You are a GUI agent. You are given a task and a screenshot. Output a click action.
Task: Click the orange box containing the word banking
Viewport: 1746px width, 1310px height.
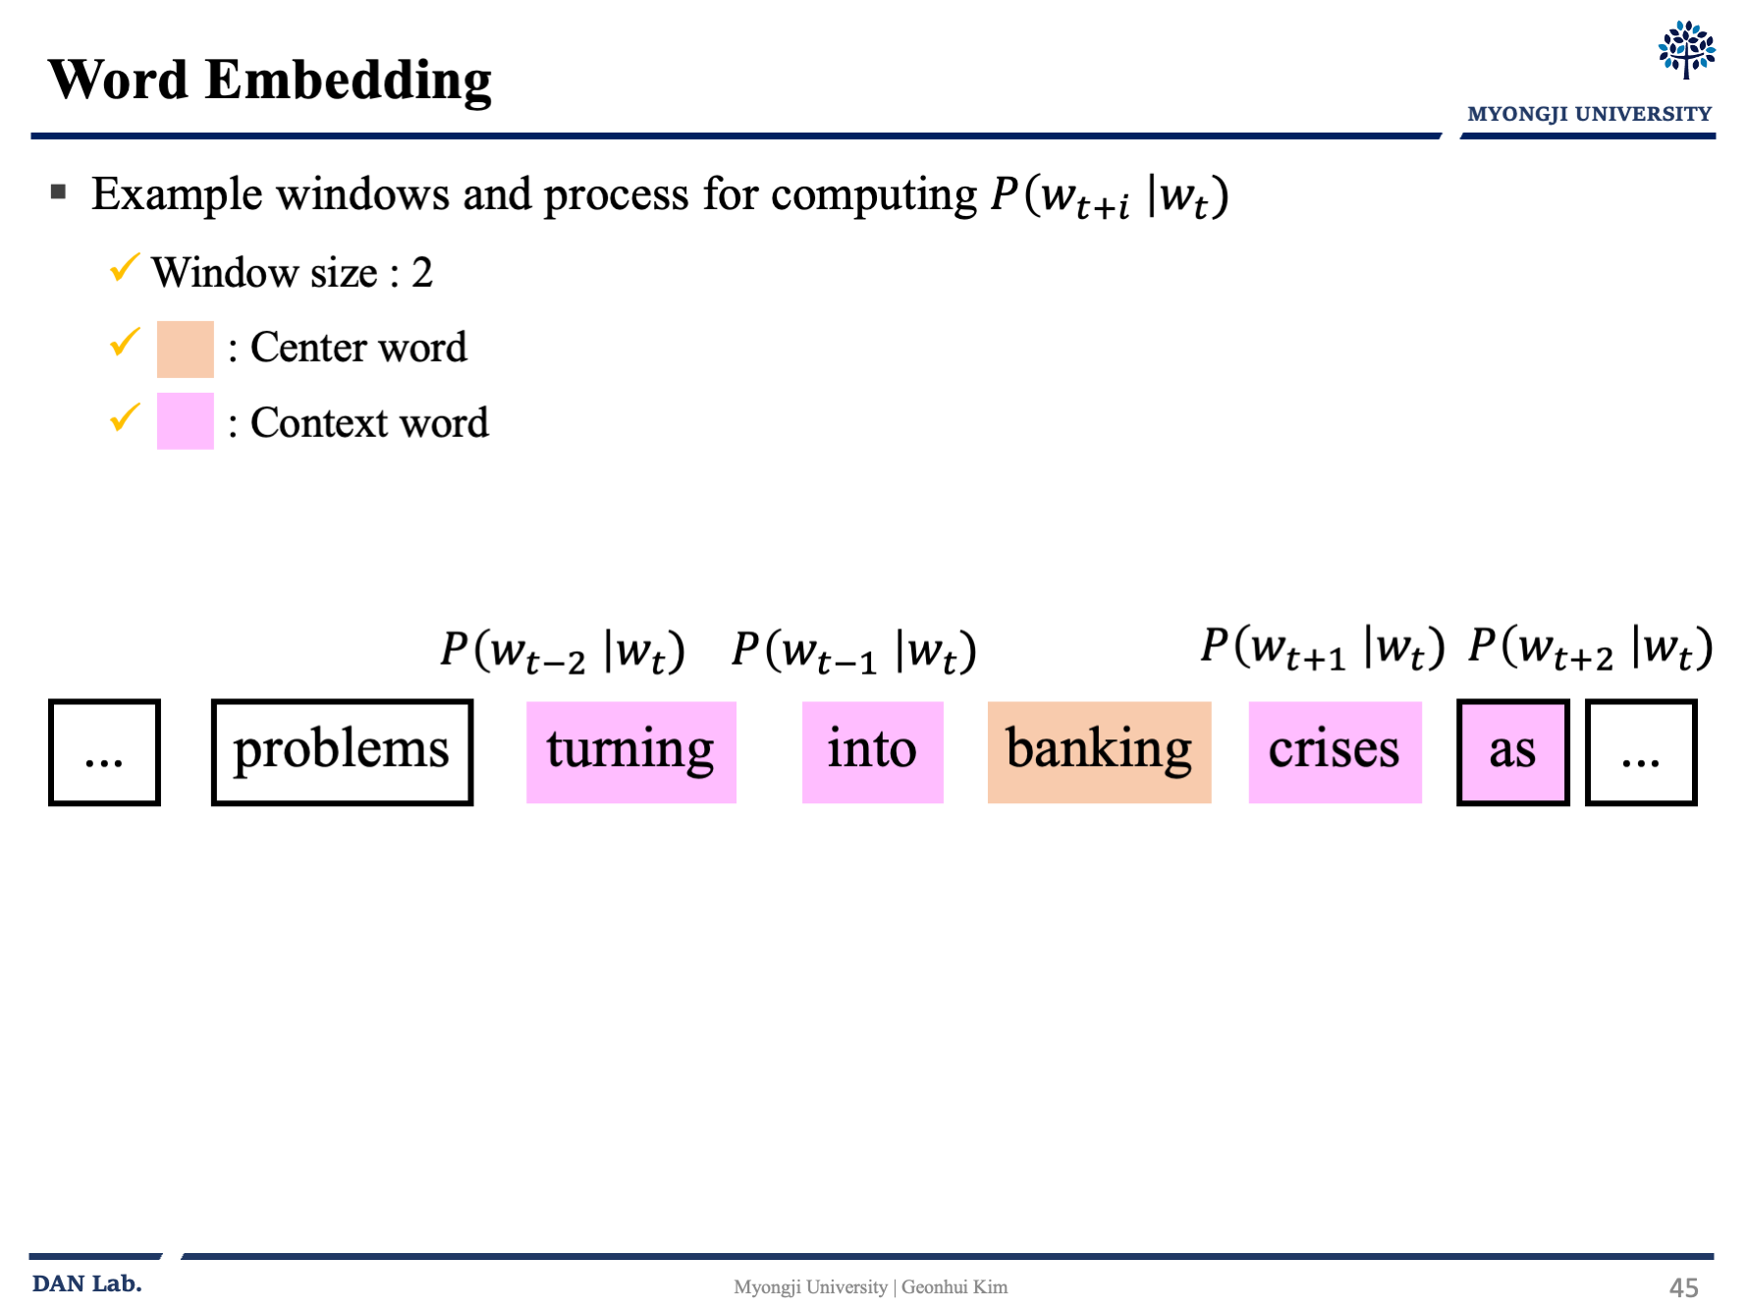[x=1099, y=752]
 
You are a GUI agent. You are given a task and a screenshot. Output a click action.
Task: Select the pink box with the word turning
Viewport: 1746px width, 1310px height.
[x=630, y=752]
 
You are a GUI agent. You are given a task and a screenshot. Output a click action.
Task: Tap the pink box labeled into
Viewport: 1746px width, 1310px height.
[x=872, y=752]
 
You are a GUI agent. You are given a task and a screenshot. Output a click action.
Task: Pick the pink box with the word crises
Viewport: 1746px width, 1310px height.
[x=1335, y=752]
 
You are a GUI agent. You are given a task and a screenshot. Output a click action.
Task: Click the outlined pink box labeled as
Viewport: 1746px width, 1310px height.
[x=1512, y=752]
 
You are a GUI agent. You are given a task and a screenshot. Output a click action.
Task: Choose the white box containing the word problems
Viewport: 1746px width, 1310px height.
[x=342, y=752]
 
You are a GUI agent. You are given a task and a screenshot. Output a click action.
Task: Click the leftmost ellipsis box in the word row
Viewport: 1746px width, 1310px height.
[x=104, y=752]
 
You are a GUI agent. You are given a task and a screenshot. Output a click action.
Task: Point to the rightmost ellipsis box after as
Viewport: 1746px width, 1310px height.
[x=1641, y=752]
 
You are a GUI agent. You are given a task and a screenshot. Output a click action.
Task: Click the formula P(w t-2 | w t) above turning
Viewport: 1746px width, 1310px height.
[x=562, y=651]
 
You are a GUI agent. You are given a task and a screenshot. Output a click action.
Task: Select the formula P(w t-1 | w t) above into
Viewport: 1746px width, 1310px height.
[x=853, y=651]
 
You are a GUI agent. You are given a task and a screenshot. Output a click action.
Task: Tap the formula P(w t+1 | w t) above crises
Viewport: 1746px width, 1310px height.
[x=1322, y=648]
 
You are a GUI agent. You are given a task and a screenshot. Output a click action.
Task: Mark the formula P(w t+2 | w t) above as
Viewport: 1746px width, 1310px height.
[x=1590, y=648]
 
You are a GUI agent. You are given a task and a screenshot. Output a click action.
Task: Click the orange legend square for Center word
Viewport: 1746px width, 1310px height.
[x=186, y=350]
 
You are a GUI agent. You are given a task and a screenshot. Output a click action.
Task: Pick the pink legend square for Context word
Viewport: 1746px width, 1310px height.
[x=186, y=421]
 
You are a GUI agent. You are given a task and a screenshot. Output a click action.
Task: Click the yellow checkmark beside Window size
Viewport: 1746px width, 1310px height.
[x=125, y=267]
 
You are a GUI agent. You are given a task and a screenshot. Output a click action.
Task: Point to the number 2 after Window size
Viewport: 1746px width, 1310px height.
[x=422, y=272]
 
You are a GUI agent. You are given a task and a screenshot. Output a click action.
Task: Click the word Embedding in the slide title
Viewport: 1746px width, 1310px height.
[x=349, y=80]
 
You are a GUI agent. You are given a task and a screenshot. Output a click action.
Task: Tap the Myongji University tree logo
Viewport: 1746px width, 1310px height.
[x=1686, y=50]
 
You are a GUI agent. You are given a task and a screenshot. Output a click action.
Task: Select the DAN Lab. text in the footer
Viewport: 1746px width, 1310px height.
[x=87, y=1283]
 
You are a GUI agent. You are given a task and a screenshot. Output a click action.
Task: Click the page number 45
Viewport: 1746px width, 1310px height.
[x=1683, y=1287]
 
